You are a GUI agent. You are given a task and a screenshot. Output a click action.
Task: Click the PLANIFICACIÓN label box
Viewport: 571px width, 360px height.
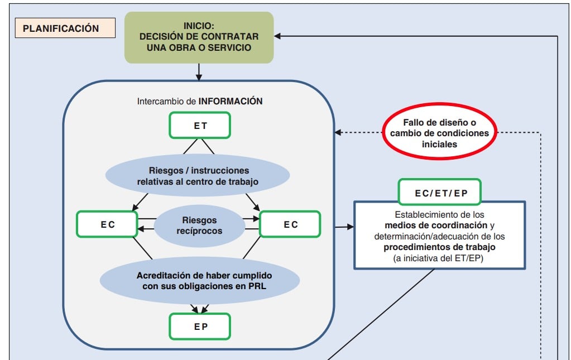61,28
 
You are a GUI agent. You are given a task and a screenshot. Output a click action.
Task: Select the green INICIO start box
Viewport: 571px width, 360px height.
199,37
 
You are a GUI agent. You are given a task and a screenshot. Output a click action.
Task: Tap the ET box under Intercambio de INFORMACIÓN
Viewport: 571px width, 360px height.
200,126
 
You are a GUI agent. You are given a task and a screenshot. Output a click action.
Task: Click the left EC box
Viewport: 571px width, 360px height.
107,224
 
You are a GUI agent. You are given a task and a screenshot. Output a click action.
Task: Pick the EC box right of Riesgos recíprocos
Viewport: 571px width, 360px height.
291,224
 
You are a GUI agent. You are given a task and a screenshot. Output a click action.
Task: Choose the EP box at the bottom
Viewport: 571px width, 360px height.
200,327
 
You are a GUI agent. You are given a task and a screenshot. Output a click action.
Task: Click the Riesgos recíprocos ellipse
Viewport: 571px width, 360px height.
199,225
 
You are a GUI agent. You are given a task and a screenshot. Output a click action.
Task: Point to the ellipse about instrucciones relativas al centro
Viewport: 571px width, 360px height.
199,176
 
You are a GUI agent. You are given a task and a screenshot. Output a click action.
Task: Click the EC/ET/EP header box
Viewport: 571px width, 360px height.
440,193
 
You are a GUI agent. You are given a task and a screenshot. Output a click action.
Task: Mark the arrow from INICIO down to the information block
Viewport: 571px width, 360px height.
199,72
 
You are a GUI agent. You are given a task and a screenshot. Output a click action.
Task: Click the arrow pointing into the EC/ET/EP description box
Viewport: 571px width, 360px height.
344,227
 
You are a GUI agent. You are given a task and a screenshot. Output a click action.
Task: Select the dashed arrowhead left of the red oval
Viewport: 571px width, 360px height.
338,133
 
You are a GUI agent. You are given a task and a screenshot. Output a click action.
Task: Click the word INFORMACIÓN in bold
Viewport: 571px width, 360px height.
231,102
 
